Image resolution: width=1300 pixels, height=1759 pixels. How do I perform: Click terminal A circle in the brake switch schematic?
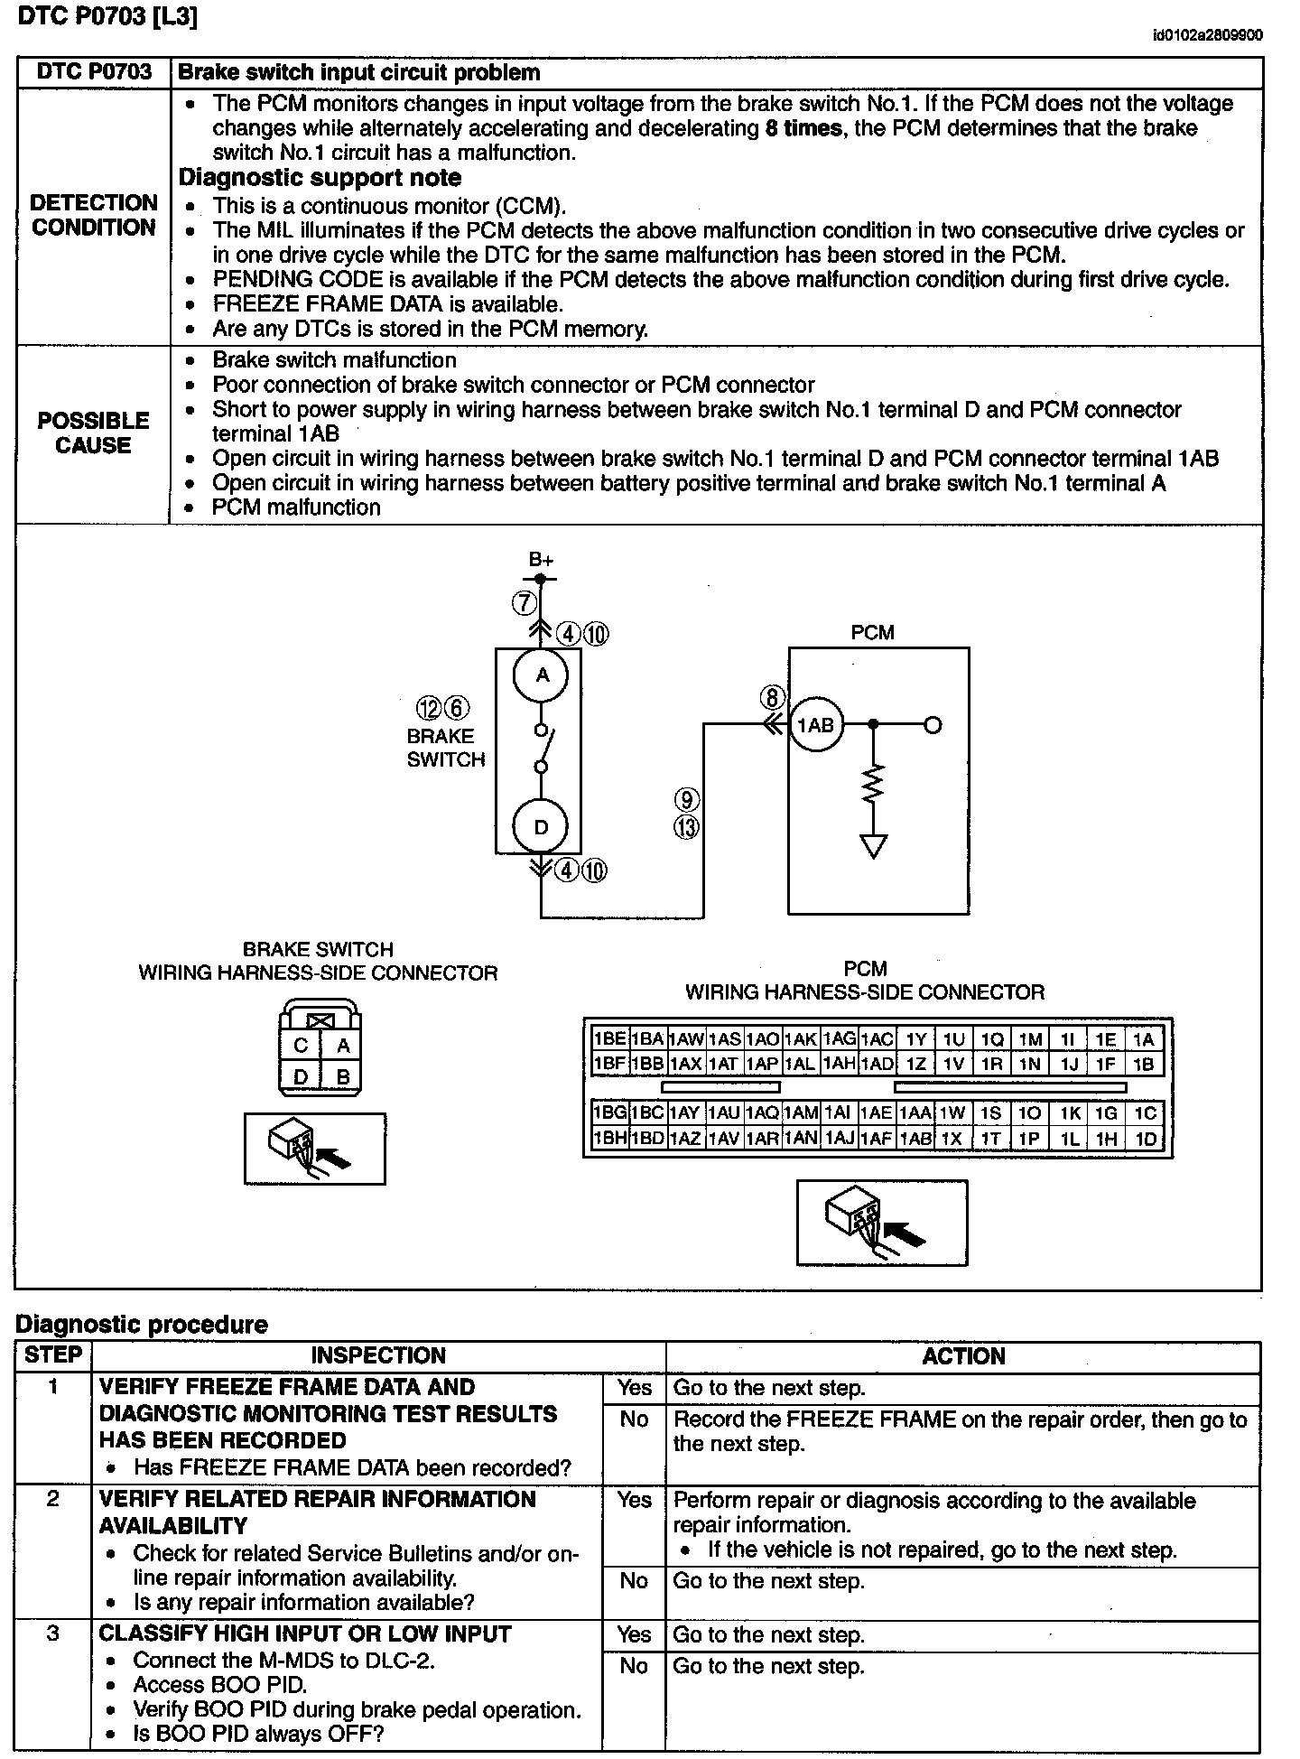coord(542,675)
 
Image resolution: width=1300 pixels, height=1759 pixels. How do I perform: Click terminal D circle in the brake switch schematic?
coord(541,826)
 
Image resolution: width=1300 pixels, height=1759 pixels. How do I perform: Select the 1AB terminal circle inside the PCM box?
coord(816,724)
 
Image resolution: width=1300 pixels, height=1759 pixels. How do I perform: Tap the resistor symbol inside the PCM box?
coord(873,783)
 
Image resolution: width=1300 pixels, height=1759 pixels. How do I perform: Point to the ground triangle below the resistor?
coord(873,846)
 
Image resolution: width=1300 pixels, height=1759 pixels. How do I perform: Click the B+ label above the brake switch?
coord(542,560)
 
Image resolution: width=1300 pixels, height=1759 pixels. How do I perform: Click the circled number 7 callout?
coord(524,602)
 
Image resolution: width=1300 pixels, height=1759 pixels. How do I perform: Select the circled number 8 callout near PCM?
coord(772,698)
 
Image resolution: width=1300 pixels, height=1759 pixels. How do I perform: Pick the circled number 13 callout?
coord(687,826)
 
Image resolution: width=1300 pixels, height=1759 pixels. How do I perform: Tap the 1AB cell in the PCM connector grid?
coord(915,1139)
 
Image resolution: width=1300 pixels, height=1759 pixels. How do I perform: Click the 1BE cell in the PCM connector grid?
coord(609,1039)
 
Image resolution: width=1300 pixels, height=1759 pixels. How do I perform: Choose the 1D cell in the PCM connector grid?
coord(1145,1139)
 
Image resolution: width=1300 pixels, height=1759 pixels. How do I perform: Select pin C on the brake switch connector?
coord(301,1046)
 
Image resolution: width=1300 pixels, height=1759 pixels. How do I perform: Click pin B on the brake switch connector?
coord(343,1076)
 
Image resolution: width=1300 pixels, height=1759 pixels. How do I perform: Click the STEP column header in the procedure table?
coord(53,1355)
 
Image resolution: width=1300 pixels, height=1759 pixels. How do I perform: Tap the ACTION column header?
coord(963,1356)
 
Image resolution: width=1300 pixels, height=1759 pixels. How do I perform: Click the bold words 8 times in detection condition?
coord(803,128)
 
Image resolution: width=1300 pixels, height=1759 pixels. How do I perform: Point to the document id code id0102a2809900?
coord(1207,35)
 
